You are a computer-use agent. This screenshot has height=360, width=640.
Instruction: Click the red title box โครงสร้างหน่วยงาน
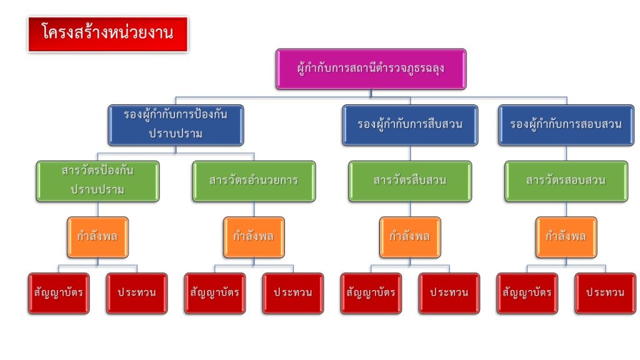(x=108, y=34)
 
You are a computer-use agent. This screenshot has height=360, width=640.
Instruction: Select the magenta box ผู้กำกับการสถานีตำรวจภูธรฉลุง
(x=371, y=69)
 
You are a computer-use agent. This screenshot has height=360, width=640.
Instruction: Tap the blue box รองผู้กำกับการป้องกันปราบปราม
(x=176, y=125)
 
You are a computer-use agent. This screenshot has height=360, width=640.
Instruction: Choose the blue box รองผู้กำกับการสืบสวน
(x=410, y=125)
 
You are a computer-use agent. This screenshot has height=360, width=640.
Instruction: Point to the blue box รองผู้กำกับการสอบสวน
(x=566, y=125)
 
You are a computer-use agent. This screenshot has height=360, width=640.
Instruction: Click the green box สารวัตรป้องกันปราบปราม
(x=97, y=181)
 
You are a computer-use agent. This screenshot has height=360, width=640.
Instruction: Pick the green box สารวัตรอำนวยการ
(x=254, y=181)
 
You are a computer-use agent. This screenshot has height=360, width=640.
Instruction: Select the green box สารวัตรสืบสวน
(x=410, y=181)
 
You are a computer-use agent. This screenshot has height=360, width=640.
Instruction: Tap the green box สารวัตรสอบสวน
(x=566, y=181)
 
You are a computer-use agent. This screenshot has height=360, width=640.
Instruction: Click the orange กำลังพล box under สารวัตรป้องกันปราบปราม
(x=97, y=237)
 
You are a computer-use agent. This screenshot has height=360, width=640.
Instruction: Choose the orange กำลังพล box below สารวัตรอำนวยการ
(x=254, y=237)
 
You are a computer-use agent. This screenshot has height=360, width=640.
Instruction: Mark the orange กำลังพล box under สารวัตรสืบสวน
(x=410, y=237)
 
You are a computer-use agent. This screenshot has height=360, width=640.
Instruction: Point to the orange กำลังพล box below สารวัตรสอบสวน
(x=566, y=237)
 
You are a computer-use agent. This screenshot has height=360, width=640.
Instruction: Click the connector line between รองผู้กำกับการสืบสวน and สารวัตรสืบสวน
(x=410, y=154)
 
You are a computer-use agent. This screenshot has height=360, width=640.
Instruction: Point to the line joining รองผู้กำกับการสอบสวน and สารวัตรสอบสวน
(x=566, y=154)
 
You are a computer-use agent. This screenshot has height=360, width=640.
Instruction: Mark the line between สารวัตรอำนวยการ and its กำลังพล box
(x=254, y=209)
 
